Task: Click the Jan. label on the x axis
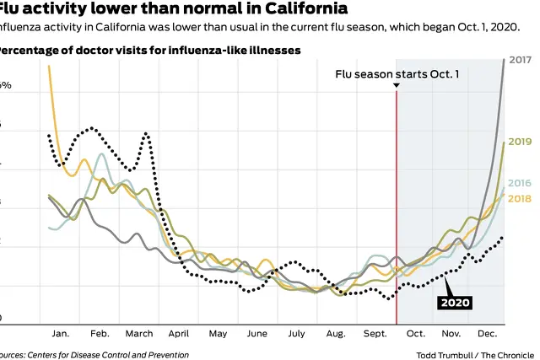pyautogui.click(x=60, y=334)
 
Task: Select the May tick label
pyautogui.click(x=218, y=334)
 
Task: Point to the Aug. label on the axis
pyautogui.click(x=335, y=334)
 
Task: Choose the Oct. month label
pyautogui.click(x=416, y=334)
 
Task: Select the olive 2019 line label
pyautogui.click(x=520, y=142)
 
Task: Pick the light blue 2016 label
pyautogui.click(x=520, y=183)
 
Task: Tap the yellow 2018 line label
pyautogui.click(x=520, y=198)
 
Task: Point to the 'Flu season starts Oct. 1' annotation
pyautogui.click(x=397, y=74)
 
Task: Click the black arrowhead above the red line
pyautogui.click(x=397, y=86)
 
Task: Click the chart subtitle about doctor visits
pyautogui.click(x=148, y=50)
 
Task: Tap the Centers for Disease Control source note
pyautogui.click(x=93, y=355)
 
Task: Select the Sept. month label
pyautogui.click(x=375, y=334)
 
